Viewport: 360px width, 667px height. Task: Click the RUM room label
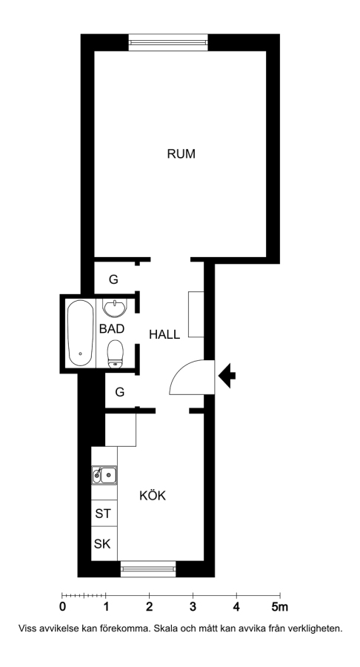coord(181,153)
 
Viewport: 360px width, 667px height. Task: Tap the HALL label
coord(164,334)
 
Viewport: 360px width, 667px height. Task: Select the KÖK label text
coord(153,495)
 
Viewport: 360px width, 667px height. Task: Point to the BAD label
coord(112,329)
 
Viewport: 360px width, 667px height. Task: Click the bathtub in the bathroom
coord(80,333)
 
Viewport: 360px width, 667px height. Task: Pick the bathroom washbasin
coord(115,308)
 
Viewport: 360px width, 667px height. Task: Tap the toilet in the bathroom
coord(115,354)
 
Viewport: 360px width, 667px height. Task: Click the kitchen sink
coord(104,475)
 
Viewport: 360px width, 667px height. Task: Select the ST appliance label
coord(103,514)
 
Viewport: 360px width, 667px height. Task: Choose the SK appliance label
coord(102,544)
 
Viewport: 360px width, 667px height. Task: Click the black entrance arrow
coord(227,376)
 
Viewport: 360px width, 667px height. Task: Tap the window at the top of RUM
coord(168,42)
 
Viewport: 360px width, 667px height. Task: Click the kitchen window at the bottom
coord(148,568)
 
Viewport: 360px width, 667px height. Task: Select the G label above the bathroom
coord(113,279)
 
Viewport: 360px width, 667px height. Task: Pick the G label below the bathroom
coord(120,392)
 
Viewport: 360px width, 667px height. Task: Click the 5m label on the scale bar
coord(280,607)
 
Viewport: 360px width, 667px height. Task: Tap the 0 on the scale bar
coord(62,607)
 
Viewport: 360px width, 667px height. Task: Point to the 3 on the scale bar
coord(193,607)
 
